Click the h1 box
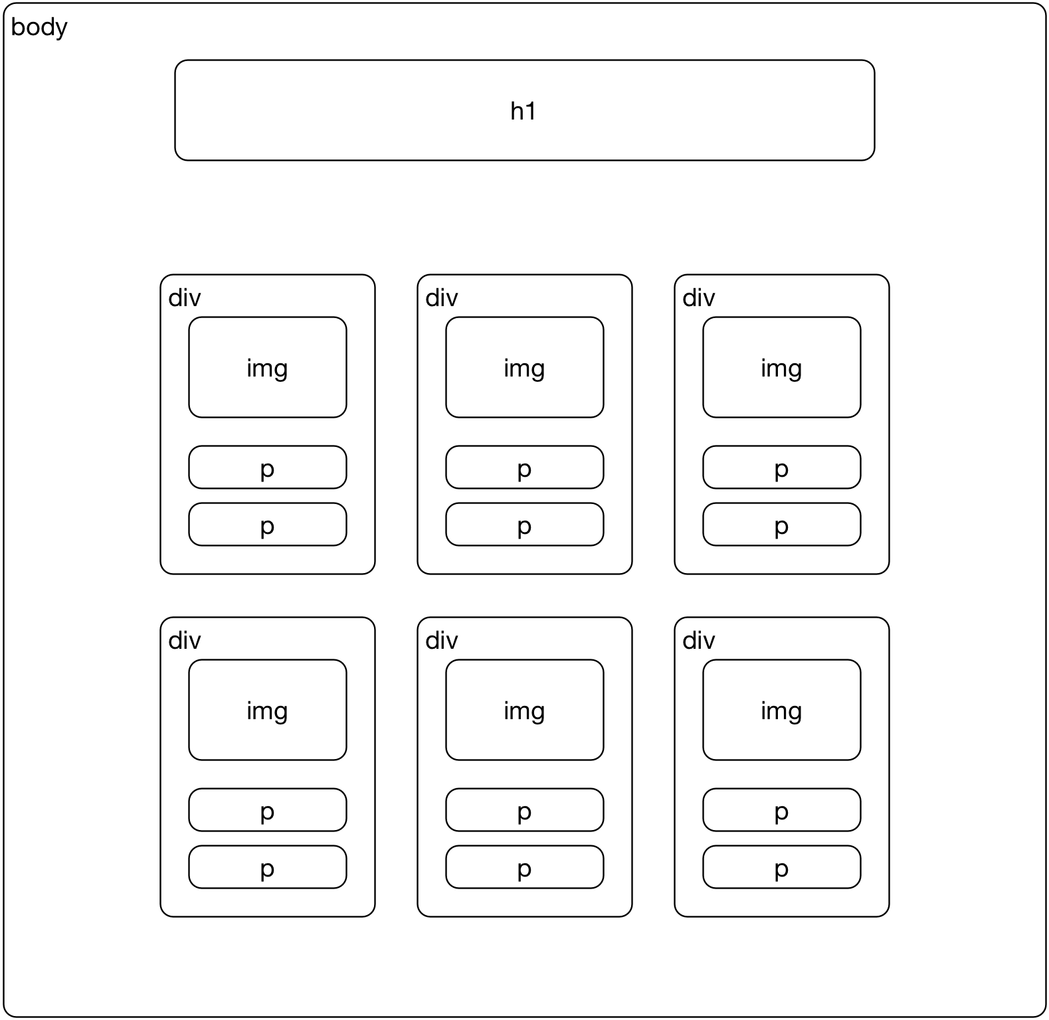pyautogui.click(x=524, y=110)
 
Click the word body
pyautogui.click(x=39, y=27)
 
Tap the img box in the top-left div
pyautogui.click(x=267, y=367)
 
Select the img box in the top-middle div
pyautogui.click(x=524, y=367)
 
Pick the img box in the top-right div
pyautogui.click(x=781, y=367)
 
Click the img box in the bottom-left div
pyautogui.click(x=267, y=710)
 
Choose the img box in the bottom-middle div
pyautogui.click(x=524, y=710)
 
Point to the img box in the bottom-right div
pyautogui.click(x=781, y=710)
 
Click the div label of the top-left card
pyautogui.click(x=185, y=298)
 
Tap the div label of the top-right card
pyautogui.click(x=699, y=298)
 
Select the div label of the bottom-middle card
pyautogui.click(x=442, y=641)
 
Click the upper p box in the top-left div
pyautogui.click(x=267, y=467)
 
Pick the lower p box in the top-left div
pyautogui.click(x=267, y=525)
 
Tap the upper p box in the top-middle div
pyautogui.click(x=524, y=467)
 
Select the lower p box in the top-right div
pyautogui.click(x=781, y=525)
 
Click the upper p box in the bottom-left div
pyautogui.click(x=267, y=810)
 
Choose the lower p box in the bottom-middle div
pyautogui.click(x=524, y=867)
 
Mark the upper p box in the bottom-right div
pyautogui.click(x=781, y=810)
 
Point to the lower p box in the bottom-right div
pyautogui.click(x=781, y=867)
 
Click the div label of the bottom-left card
pyautogui.click(x=185, y=641)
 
